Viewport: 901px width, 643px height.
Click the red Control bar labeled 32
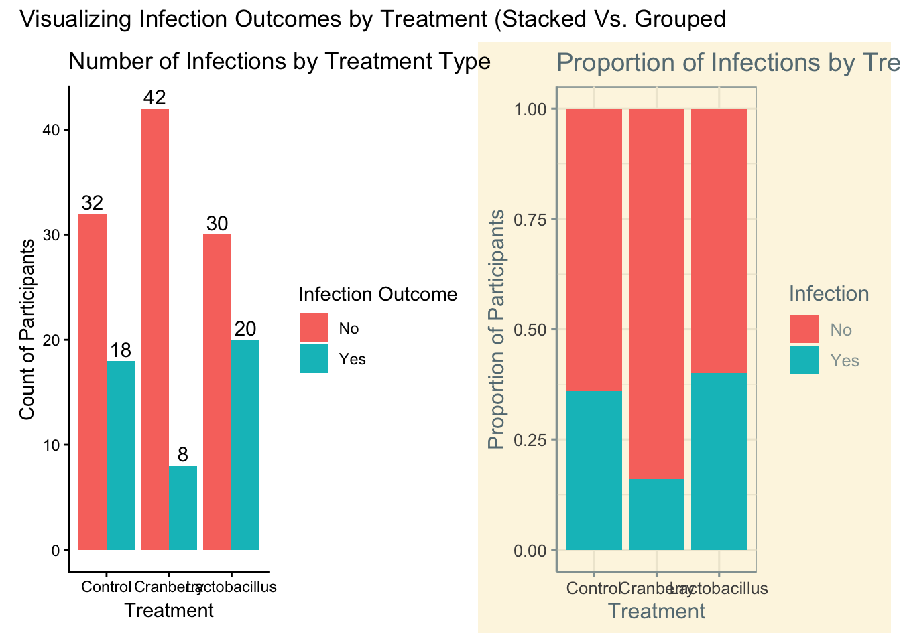pos(93,382)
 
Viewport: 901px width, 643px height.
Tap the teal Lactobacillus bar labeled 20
pos(245,445)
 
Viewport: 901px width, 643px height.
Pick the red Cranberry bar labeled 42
pos(155,329)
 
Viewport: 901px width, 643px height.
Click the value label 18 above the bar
pos(121,350)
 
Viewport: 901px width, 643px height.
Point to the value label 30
pos(217,224)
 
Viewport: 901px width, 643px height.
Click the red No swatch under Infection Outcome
pos(314,328)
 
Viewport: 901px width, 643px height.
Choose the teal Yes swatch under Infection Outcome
pos(314,358)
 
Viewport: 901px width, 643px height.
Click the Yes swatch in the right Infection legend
pos(804,360)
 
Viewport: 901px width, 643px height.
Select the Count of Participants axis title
pos(27,330)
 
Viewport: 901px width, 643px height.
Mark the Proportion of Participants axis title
pos(496,330)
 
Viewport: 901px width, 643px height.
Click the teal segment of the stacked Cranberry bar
pos(656,514)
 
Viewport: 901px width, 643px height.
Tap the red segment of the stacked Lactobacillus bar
pos(719,241)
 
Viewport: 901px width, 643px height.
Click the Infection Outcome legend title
pos(377,295)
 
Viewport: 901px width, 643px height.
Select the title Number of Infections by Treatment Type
pos(280,62)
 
